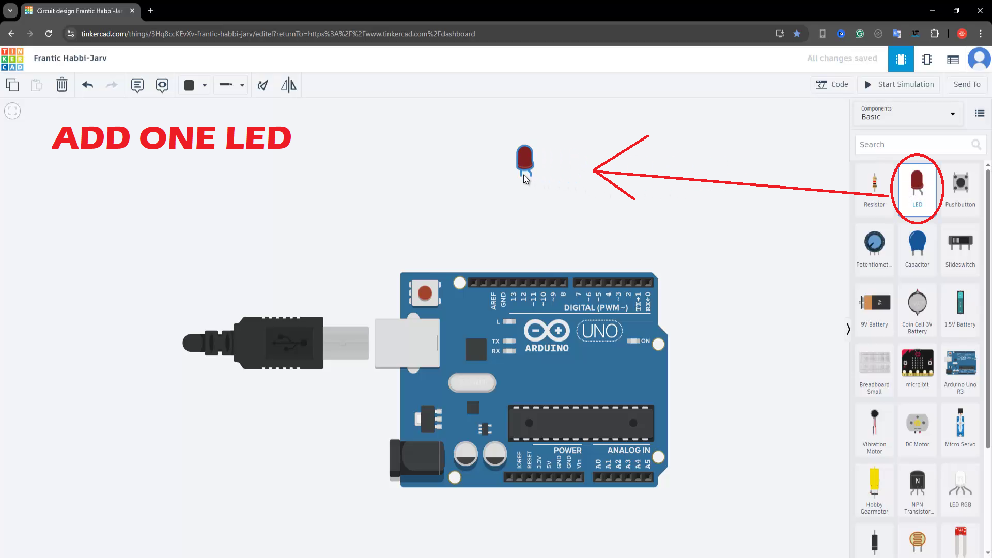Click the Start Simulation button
pos(900,85)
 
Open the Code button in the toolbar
pos(832,85)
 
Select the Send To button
pos(967,85)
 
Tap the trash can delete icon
pos(62,85)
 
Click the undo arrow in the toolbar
pos(87,85)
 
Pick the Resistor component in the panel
pos(874,189)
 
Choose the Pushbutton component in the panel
pos(960,189)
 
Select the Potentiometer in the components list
pos(874,249)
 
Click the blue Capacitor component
pos(917,249)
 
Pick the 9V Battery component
pos(874,309)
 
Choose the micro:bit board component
pos(917,369)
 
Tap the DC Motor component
pos(917,429)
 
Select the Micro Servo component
pos(960,429)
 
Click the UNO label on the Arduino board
pos(599,331)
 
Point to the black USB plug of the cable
pos(253,343)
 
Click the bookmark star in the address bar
pos(797,34)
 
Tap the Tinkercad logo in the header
pos(12,59)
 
